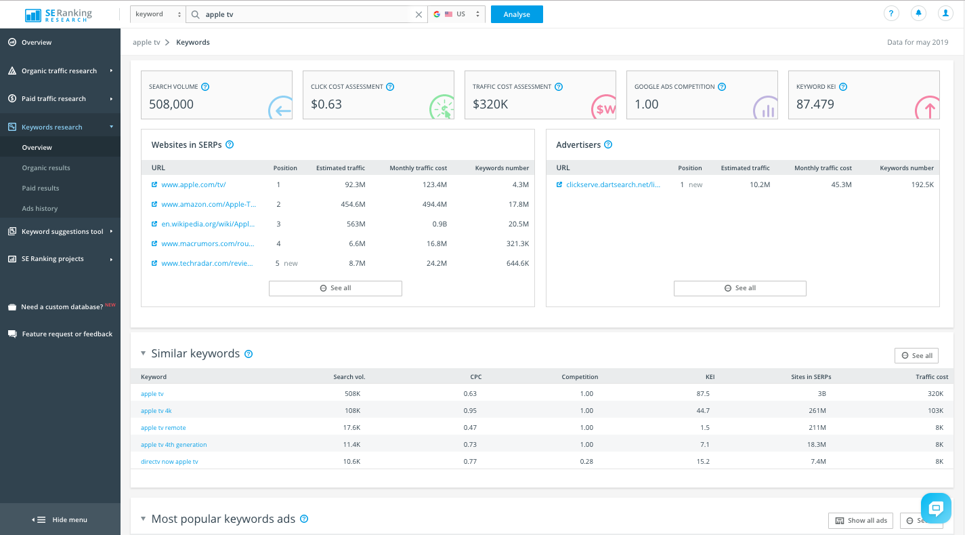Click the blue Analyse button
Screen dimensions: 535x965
(517, 14)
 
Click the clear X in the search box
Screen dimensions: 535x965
(419, 14)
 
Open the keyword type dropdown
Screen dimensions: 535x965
(157, 14)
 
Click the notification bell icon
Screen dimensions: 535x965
(919, 14)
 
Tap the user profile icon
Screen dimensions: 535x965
(945, 14)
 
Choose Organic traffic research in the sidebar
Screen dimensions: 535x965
(59, 71)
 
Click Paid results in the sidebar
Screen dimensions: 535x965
(41, 188)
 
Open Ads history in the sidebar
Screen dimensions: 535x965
(39, 208)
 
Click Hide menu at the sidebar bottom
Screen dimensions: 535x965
(61, 519)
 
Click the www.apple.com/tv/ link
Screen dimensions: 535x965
(193, 184)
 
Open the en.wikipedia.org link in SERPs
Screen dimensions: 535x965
(208, 224)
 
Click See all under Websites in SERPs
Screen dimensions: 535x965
(335, 288)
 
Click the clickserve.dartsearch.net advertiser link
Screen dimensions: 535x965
(612, 184)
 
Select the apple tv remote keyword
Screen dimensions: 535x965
(163, 428)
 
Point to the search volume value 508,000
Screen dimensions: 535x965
(171, 104)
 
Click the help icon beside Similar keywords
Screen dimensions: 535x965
(249, 354)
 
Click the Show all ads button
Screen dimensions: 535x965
(861, 521)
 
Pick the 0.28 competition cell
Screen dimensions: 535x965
(586, 462)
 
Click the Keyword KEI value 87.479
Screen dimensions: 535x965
(815, 104)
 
